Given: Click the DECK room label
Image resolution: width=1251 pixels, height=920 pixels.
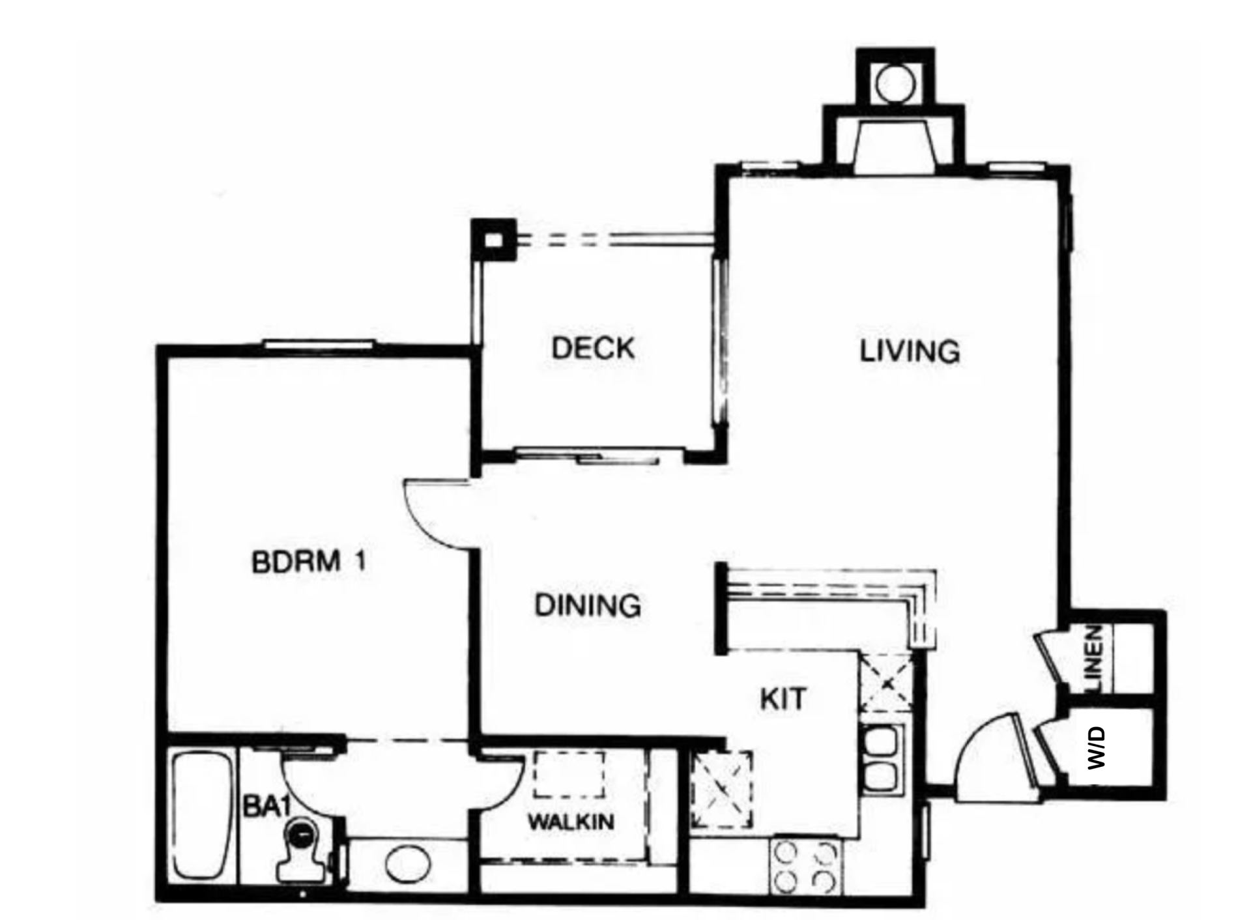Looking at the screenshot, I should pyautogui.click(x=592, y=348).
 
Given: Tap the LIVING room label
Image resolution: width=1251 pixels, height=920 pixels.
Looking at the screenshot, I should pyautogui.click(x=910, y=352).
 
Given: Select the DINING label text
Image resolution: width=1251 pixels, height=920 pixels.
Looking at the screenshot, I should pyautogui.click(x=588, y=605).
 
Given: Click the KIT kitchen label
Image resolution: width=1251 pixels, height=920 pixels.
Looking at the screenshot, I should pyautogui.click(x=783, y=699).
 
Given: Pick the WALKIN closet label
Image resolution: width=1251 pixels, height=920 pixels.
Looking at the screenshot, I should pyautogui.click(x=571, y=822).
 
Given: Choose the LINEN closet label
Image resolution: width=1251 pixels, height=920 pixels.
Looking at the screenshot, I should pyautogui.click(x=1095, y=659).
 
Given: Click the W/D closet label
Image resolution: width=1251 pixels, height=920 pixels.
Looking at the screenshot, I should pyautogui.click(x=1097, y=748).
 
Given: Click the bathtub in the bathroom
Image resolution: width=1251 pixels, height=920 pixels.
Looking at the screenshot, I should pyautogui.click(x=203, y=816).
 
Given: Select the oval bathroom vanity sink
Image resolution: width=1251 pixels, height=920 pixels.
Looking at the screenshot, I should pyautogui.click(x=408, y=864).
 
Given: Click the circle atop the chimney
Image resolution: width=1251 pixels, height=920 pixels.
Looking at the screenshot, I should pyautogui.click(x=895, y=84).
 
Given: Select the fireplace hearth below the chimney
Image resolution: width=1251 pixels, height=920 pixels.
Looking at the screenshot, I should pyautogui.click(x=895, y=147).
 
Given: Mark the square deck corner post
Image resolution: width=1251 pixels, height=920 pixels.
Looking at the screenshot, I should pyautogui.click(x=494, y=240).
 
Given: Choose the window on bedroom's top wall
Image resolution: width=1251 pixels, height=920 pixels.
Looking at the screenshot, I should pyautogui.click(x=319, y=345).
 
